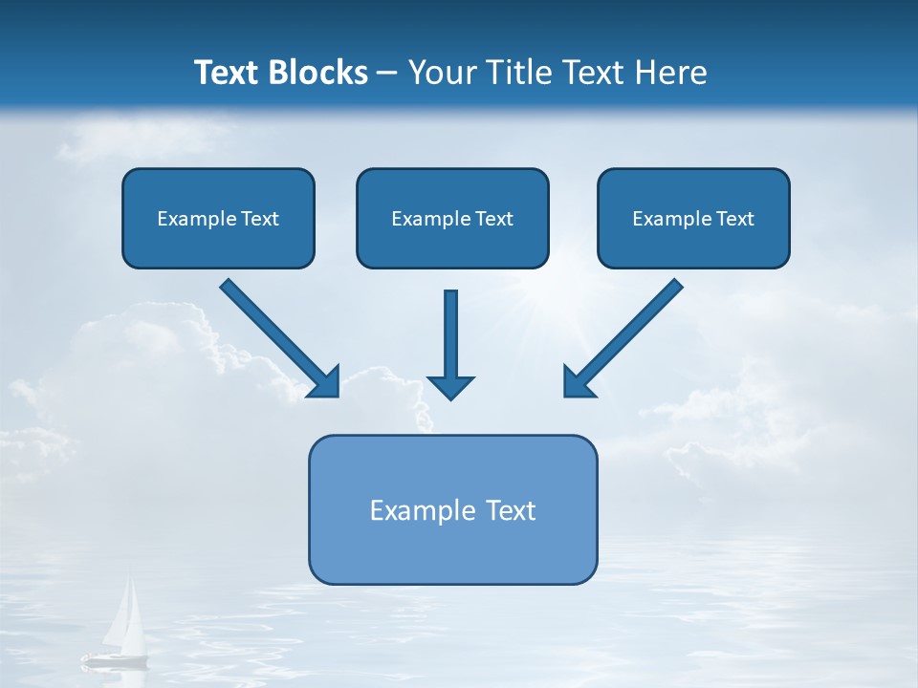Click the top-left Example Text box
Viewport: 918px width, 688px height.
click(x=218, y=218)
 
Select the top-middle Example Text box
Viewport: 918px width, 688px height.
click(x=452, y=218)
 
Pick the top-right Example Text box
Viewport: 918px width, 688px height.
click(x=693, y=218)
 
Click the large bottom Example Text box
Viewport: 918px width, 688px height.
click(x=452, y=509)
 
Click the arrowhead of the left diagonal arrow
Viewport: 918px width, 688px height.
click(x=326, y=383)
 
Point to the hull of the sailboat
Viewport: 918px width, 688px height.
click(x=115, y=658)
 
